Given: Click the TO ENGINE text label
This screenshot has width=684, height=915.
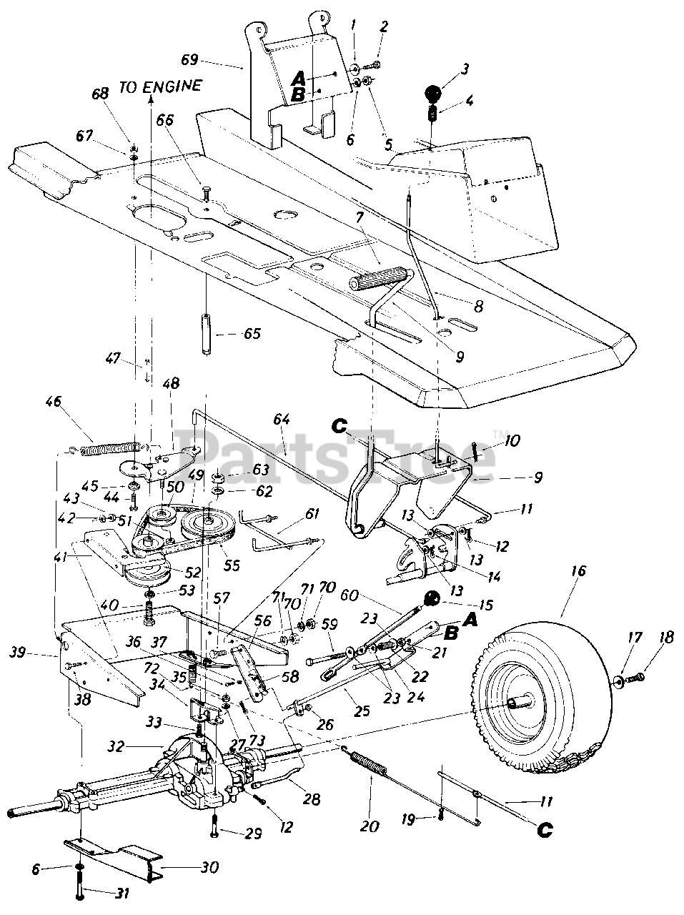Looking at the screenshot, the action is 161,86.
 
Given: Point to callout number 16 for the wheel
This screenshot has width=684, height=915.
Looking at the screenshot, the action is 580,570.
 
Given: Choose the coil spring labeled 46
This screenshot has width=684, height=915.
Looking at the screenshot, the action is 111,448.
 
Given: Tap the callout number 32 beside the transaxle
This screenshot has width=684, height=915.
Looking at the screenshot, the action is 116,746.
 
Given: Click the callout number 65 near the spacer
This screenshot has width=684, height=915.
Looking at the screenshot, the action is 252,334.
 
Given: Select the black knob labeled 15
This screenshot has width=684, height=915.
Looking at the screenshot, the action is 432,600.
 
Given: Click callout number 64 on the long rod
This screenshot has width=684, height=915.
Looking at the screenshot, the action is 282,420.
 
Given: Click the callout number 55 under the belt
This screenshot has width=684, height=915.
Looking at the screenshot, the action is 232,565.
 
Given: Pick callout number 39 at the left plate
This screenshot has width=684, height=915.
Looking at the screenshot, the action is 17,651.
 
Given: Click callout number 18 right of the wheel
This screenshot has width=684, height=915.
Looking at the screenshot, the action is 667,638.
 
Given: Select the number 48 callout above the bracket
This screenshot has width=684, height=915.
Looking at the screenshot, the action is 171,383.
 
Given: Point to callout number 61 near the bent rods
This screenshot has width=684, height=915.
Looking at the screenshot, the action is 312,513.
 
